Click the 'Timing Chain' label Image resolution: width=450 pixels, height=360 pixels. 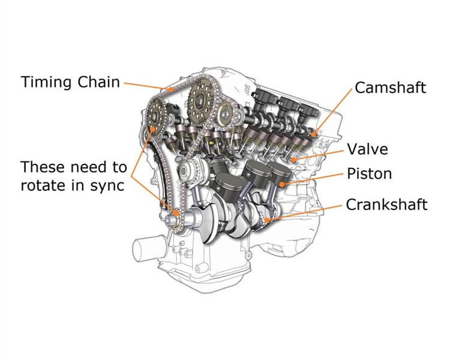click(70, 82)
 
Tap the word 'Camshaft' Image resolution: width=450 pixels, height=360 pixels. click(391, 88)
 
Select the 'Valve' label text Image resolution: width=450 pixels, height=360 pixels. click(367, 149)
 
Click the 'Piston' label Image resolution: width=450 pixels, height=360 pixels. click(370, 173)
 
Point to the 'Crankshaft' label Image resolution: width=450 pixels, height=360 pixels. click(386, 205)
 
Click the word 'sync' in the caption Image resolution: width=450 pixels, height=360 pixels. click(107, 186)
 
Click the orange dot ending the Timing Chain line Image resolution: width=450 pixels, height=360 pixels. click(171, 89)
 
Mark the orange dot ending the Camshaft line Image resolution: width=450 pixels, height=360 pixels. click(314, 134)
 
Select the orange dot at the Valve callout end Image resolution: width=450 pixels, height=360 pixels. click(293, 160)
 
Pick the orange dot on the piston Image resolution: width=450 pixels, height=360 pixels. click(282, 184)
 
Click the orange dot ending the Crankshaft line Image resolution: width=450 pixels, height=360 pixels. click(267, 220)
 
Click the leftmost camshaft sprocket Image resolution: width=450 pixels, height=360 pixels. click(155, 116)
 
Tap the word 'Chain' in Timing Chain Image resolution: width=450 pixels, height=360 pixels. click(98, 82)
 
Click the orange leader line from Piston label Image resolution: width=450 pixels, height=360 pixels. click(313, 179)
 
